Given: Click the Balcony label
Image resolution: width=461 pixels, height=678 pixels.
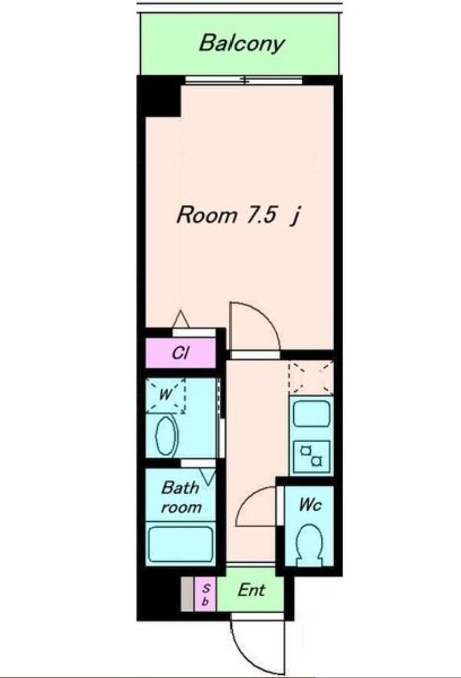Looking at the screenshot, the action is click(242, 44).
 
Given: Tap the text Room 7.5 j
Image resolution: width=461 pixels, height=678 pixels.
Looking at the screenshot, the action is click(238, 215).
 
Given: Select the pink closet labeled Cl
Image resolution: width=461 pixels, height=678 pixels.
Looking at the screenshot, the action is click(180, 353).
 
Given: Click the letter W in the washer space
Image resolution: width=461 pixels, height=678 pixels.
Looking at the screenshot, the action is click(165, 394).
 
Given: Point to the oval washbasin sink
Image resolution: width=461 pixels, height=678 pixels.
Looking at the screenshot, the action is click(166, 436).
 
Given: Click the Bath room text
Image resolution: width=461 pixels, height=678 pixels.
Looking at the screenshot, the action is click(181, 497).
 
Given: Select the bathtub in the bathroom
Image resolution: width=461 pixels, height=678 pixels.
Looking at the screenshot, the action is click(180, 543).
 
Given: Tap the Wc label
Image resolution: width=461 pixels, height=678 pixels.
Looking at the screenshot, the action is click(310, 504).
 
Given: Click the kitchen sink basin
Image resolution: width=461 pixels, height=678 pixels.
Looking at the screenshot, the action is click(312, 414).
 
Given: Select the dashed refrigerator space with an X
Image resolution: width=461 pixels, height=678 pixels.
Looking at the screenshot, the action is click(311, 377).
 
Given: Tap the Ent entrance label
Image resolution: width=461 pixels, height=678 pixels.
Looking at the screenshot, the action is click(252, 590).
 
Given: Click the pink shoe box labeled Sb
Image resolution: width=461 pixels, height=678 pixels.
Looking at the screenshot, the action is click(205, 594).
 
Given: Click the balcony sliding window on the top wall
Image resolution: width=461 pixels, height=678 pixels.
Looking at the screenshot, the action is click(244, 81).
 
